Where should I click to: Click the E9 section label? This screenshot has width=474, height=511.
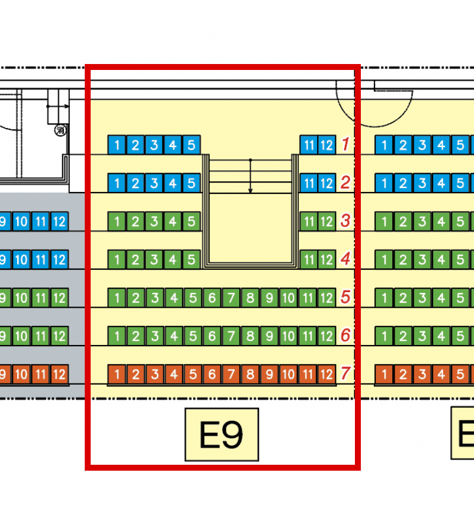click(x=222, y=435)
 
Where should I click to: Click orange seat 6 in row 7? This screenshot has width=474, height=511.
click(x=212, y=374)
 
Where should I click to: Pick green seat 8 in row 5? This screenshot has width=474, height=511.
click(x=250, y=298)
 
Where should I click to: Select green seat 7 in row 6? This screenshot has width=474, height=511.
click(x=231, y=336)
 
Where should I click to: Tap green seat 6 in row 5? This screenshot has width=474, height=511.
click(x=212, y=298)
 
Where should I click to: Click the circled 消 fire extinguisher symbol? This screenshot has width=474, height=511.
click(x=60, y=130)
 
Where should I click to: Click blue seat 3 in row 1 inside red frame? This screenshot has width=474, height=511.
click(x=154, y=145)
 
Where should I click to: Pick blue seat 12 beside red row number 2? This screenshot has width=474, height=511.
click(x=326, y=183)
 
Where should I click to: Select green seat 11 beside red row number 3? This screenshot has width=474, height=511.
click(x=309, y=222)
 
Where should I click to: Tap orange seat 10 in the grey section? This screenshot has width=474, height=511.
click(x=21, y=374)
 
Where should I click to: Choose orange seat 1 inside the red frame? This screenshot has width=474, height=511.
click(x=117, y=374)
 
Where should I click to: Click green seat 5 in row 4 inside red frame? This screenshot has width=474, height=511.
click(x=191, y=260)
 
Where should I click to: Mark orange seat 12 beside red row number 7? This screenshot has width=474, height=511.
click(x=326, y=374)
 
